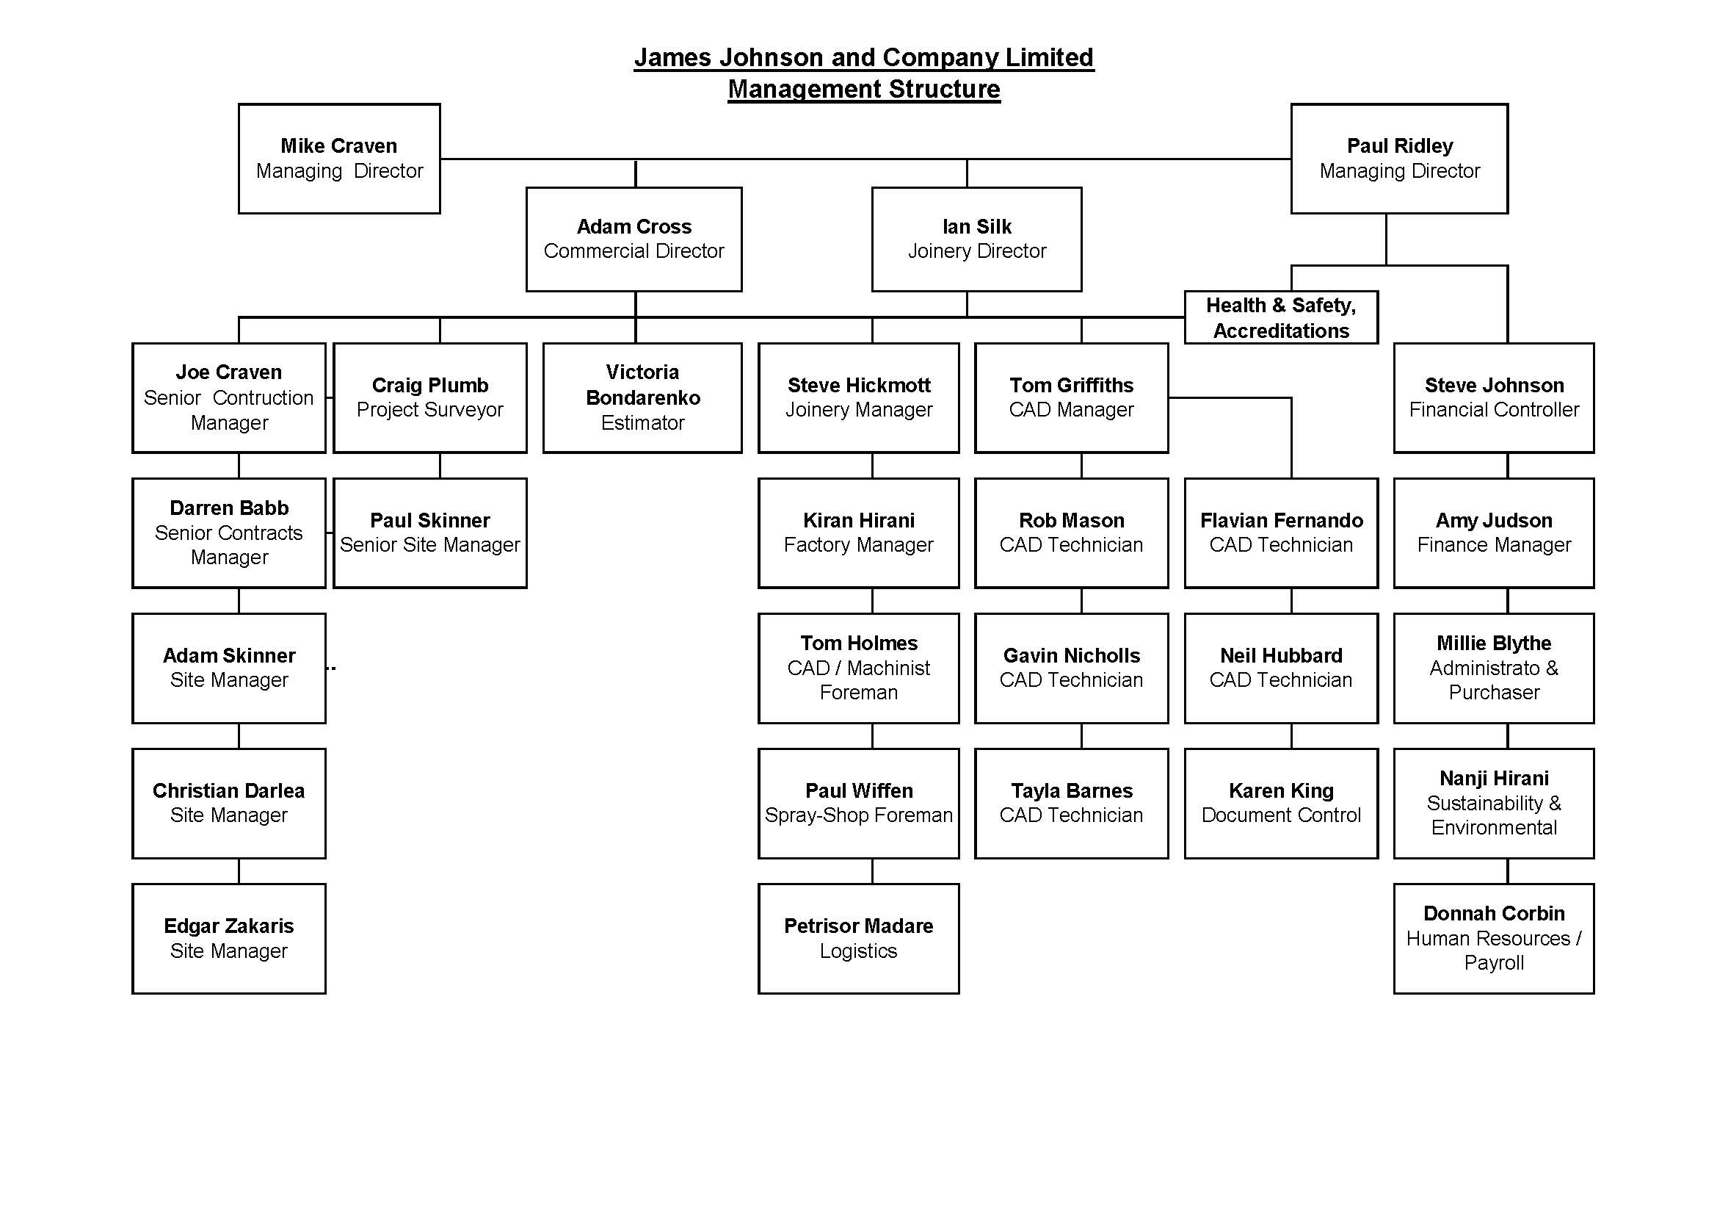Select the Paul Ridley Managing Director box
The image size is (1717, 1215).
pyautogui.click(x=1399, y=159)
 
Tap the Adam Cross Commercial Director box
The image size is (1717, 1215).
pyautogui.click(x=634, y=239)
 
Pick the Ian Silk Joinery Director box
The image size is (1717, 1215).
pyautogui.click(x=976, y=239)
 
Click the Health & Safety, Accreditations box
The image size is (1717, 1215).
pyautogui.click(x=1281, y=317)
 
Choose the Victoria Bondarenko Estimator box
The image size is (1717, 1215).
pyautogui.click(x=642, y=398)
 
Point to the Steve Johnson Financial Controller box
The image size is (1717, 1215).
pyautogui.click(x=1494, y=398)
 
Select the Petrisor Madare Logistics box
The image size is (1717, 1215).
pyautogui.click(x=859, y=939)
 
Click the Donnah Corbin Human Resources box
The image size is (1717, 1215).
pyautogui.click(x=1494, y=939)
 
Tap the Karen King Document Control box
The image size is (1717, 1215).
pyautogui.click(x=1281, y=804)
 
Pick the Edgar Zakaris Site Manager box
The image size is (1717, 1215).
pyautogui.click(x=229, y=939)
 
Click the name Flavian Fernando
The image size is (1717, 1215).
pyautogui.click(x=1281, y=520)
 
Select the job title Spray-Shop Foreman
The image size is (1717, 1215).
pyautogui.click(x=859, y=815)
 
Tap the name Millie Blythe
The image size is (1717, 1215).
pyautogui.click(x=1494, y=643)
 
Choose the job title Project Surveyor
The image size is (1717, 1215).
pyautogui.click(x=430, y=410)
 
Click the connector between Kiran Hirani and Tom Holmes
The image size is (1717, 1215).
pyautogui.click(x=872, y=601)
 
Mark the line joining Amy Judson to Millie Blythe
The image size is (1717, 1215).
pyautogui.click(x=1508, y=601)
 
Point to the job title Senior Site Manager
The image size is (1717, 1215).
pyautogui.click(x=430, y=544)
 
